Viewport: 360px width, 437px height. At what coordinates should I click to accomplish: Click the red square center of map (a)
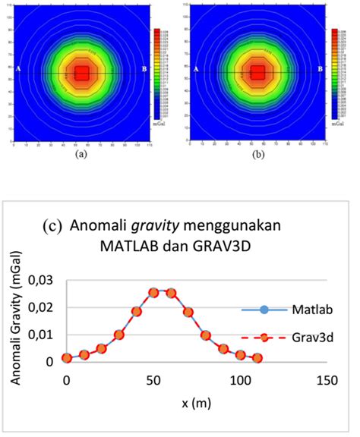tap(82, 73)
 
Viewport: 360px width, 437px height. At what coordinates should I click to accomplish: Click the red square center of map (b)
tap(258, 73)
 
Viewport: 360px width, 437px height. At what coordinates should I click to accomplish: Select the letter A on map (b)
tap(197, 69)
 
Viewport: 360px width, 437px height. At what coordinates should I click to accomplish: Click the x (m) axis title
tap(196, 401)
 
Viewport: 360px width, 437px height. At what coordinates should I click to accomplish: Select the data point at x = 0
tap(67, 357)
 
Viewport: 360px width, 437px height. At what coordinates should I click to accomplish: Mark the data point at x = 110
tap(257, 357)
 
